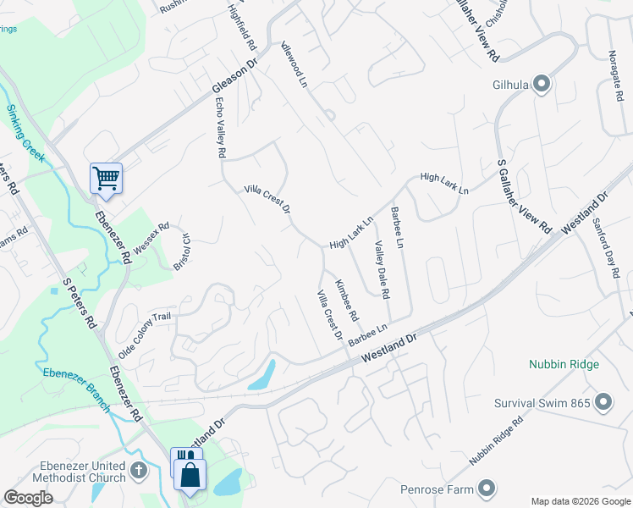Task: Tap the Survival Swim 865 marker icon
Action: pos(603,402)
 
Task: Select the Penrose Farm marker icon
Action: pos(487,488)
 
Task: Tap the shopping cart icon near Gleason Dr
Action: pos(106,178)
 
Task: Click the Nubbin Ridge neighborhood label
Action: pos(564,364)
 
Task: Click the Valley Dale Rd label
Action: pos(382,269)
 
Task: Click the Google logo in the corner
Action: pos(28,498)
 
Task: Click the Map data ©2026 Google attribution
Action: pos(580,501)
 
